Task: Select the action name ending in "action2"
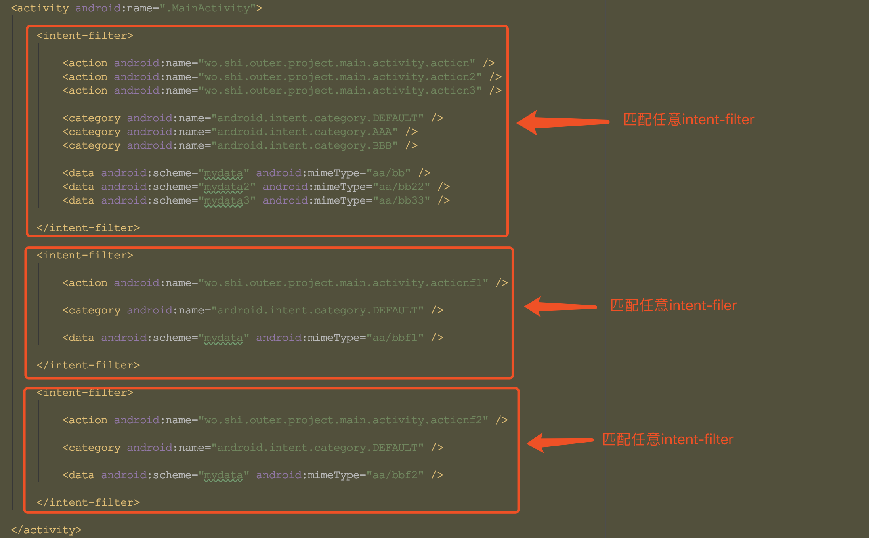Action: pyautogui.click(x=340, y=77)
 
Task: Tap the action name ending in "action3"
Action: pyautogui.click(x=340, y=90)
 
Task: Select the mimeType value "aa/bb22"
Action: pyautogui.click(x=401, y=187)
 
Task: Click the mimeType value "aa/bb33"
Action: pyautogui.click(x=401, y=200)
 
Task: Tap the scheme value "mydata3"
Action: pyautogui.click(x=227, y=200)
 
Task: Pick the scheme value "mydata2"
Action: pyautogui.click(x=227, y=187)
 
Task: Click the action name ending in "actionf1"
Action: pyautogui.click(x=343, y=283)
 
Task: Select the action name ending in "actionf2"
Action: pyautogui.click(x=343, y=420)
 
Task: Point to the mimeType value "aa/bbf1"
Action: pyautogui.click(x=395, y=338)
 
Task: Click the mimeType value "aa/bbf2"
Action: pyautogui.click(x=395, y=475)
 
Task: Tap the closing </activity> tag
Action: pyautogui.click(x=46, y=530)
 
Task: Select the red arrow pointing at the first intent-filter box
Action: pyautogui.click(x=563, y=122)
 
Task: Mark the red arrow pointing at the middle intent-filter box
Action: pyautogui.click(x=560, y=307)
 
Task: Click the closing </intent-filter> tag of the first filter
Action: pyautogui.click(x=88, y=228)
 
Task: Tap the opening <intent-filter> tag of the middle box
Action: pyautogui.click(x=85, y=255)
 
